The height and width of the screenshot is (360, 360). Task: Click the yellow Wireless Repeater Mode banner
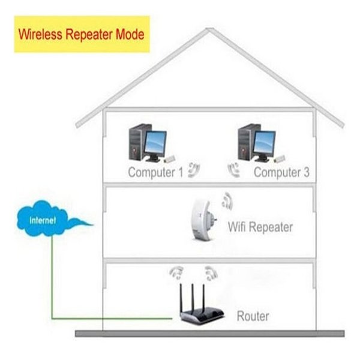click(x=81, y=34)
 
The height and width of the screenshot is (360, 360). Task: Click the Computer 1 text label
click(x=155, y=172)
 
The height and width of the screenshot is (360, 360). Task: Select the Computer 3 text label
click(x=281, y=172)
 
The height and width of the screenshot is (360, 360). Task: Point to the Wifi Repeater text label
click(x=260, y=227)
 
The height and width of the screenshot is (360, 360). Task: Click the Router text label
click(x=253, y=316)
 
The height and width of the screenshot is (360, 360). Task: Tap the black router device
click(x=201, y=311)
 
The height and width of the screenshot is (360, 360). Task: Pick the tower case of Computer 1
click(x=137, y=142)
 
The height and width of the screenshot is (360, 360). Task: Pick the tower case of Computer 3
click(x=245, y=142)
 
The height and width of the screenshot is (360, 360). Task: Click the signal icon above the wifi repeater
click(x=226, y=199)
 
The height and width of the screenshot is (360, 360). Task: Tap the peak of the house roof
click(x=209, y=31)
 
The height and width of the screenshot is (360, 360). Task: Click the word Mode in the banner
click(x=131, y=34)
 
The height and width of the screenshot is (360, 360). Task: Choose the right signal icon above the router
click(x=209, y=273)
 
